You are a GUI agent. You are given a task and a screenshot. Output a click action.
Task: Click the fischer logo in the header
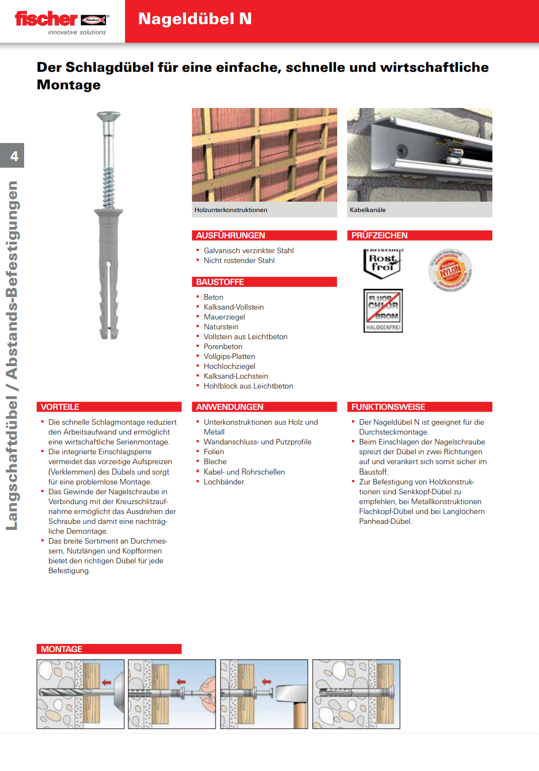click(61, 21)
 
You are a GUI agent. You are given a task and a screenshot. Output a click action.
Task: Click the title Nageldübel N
click(195, 19)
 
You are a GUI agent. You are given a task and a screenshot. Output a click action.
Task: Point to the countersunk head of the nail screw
click(109, 116)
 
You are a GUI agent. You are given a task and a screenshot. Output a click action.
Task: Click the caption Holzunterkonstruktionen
click(231, 210)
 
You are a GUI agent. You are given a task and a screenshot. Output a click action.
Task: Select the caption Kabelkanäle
click(367, 210)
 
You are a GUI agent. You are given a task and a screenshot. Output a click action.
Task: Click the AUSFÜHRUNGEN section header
click(230, 236)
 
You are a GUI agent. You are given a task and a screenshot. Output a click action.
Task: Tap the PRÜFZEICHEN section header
click(379, 236)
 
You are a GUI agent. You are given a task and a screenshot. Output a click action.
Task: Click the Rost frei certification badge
click(383, 263)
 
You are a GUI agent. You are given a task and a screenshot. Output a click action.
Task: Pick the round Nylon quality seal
click(450, 270)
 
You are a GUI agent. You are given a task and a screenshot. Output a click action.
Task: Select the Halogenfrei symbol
click(383, 311)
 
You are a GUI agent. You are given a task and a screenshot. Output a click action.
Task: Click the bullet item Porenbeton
click(223, 347)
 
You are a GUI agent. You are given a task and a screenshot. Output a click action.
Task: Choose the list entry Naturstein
click(221, 327)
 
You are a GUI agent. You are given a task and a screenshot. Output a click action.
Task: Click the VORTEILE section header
click(60, 407)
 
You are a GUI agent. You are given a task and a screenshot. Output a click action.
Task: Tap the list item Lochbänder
click(224, 482)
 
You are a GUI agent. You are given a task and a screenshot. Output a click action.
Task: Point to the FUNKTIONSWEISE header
click(388, 407)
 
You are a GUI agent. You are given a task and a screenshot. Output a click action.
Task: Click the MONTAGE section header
click(61, 649)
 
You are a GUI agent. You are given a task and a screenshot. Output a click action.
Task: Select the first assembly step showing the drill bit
click(80, 694)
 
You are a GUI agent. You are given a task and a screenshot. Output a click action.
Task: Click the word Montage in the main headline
click(69, 85)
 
